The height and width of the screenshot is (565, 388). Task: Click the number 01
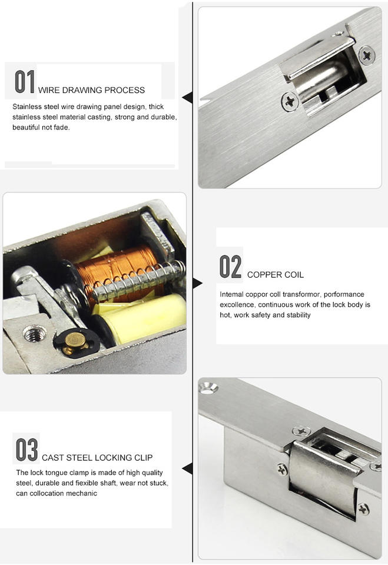[x=25, y=81]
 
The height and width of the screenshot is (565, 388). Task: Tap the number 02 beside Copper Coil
[x=230, y=266]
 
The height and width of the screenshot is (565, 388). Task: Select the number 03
[x=26, y=449]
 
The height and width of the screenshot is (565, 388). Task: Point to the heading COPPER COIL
[x=276, y=275]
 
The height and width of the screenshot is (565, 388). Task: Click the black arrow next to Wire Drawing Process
[x=187, y=97]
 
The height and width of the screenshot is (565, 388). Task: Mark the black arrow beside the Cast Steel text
[x=187, y=469]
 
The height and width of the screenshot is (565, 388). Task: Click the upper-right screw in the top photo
[x=367, y=55]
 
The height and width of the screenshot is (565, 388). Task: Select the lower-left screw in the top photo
[x=290, y=102]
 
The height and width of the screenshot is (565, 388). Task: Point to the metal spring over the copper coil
[x=139, y=281]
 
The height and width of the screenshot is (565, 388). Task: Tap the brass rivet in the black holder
[x=75, y=343]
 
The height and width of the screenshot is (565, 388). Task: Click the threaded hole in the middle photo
[x=35, y=333]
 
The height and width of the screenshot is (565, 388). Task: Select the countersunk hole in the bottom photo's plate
[x=208, y=388]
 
